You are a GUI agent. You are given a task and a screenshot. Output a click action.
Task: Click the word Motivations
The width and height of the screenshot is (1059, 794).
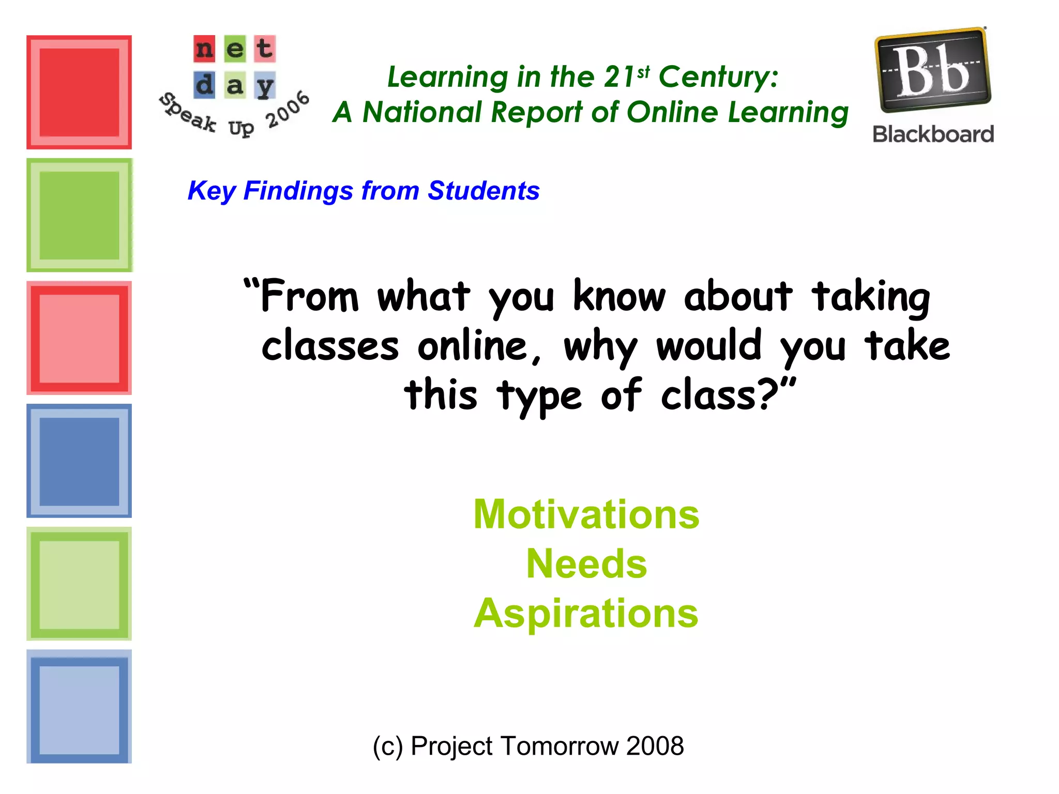[586, 514]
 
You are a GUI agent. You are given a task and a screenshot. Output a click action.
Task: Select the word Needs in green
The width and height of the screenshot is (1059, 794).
[586, 563]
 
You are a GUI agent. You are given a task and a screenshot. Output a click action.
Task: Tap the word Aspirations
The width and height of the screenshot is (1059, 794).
[586, 614]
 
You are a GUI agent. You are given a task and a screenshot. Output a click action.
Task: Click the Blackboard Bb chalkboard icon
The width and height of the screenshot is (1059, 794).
[932, 70]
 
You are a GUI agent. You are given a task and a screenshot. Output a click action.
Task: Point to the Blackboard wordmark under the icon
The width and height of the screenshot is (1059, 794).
[933, 134]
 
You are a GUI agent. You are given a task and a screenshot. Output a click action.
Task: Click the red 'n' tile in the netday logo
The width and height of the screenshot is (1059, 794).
[204, 49]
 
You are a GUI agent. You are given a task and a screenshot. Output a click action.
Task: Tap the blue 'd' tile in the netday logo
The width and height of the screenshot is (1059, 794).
[204, 85]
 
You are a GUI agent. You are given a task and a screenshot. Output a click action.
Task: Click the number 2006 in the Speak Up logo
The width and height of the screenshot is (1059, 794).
[288, 110]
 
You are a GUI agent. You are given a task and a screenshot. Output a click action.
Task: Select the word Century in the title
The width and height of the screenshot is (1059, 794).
[718, 78]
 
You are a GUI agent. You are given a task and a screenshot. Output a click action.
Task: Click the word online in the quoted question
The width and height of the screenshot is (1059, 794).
[479, 346]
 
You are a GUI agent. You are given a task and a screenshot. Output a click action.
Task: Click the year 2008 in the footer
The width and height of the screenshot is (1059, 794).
[655, 746]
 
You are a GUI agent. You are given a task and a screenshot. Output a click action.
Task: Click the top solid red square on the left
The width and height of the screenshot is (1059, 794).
[79, 92]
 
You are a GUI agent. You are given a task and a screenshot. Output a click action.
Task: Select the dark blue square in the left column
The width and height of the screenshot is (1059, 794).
[79, 461]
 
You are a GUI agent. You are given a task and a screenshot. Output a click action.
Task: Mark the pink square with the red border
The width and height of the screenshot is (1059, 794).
[79, 338]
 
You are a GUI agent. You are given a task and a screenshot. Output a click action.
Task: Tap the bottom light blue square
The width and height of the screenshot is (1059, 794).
[79, 707]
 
